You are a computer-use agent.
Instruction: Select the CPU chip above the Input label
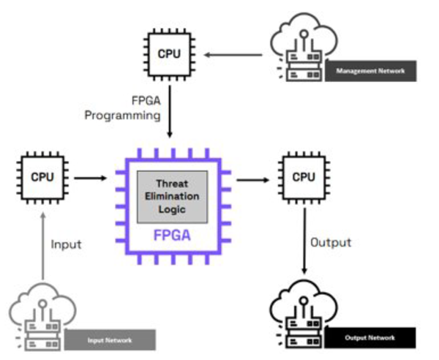point(42,176)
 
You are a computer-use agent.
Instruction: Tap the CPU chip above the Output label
point(303,176)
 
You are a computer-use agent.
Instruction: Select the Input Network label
point(110,340)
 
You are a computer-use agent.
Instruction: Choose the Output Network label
point(371,339)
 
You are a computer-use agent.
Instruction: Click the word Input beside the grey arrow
point(66,244)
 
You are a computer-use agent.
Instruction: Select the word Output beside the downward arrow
point(331,242)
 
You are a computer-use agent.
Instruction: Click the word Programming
point(122,116)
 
